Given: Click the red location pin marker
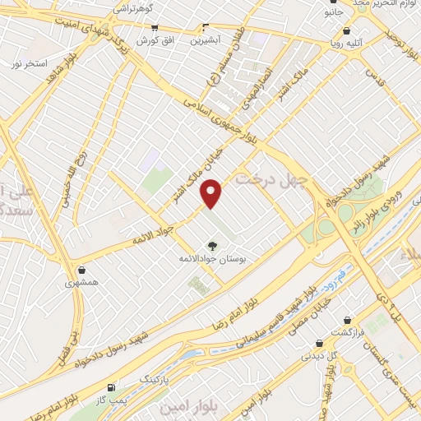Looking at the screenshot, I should tap(212, 193).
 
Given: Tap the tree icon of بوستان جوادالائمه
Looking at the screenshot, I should tap(213, 245).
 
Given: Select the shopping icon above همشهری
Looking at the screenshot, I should tap(81, 270).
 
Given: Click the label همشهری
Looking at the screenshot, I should tap(81, 282).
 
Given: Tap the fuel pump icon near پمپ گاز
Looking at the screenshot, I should tap(111, 387).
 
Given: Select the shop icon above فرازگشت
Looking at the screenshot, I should tap(348, 319).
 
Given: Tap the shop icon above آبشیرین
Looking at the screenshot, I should tap(206, 27).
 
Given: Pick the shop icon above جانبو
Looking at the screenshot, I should tap(332, 3).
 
